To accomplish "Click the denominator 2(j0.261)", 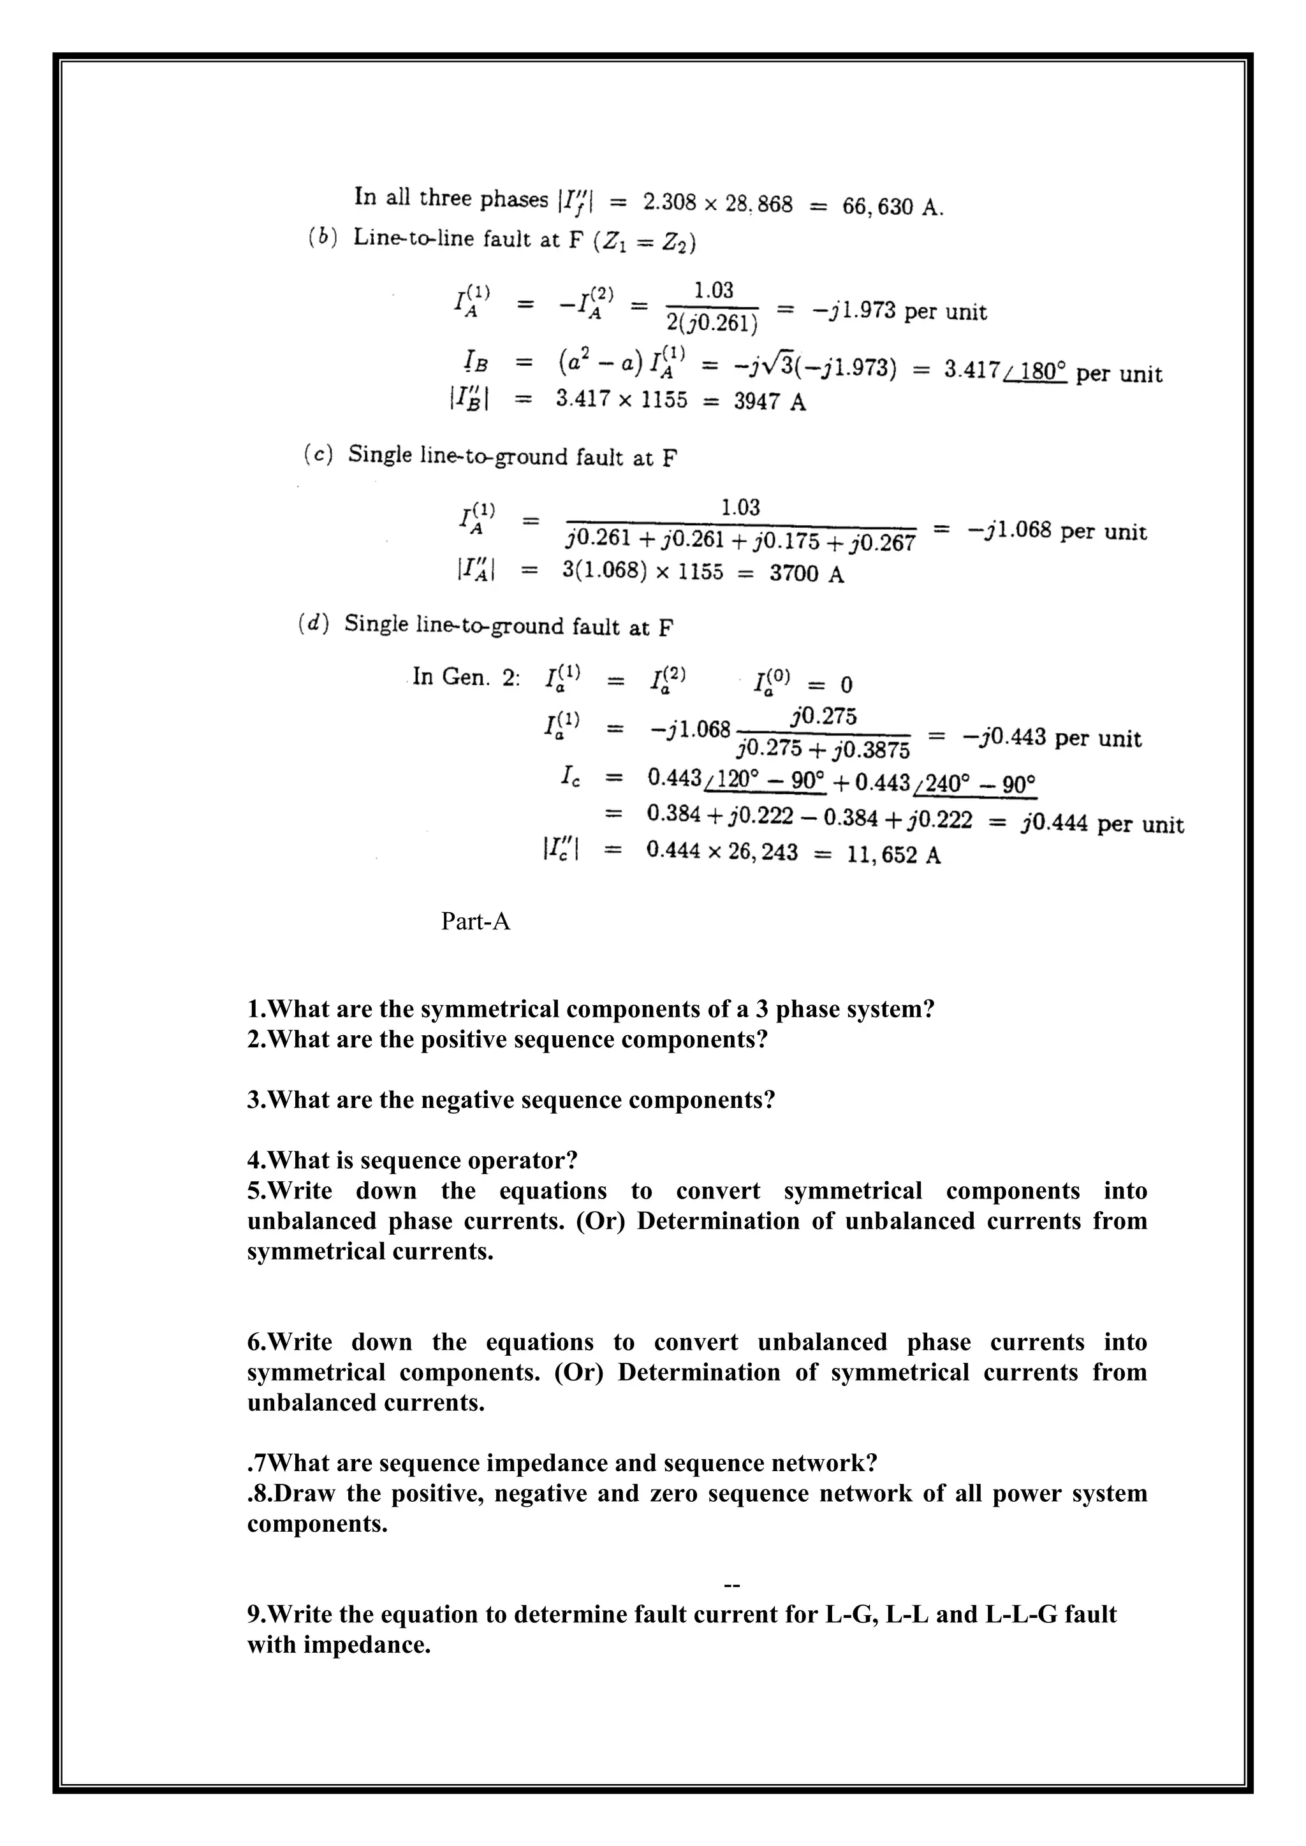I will (x=712, y=323).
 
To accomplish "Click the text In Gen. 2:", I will (x=466, y=677).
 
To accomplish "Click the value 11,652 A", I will (x=893, y=855).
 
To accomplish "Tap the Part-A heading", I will (x=475, y=921).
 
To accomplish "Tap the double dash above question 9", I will (x=732, y=1584).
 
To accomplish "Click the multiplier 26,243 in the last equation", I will (x=763, y=852).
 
